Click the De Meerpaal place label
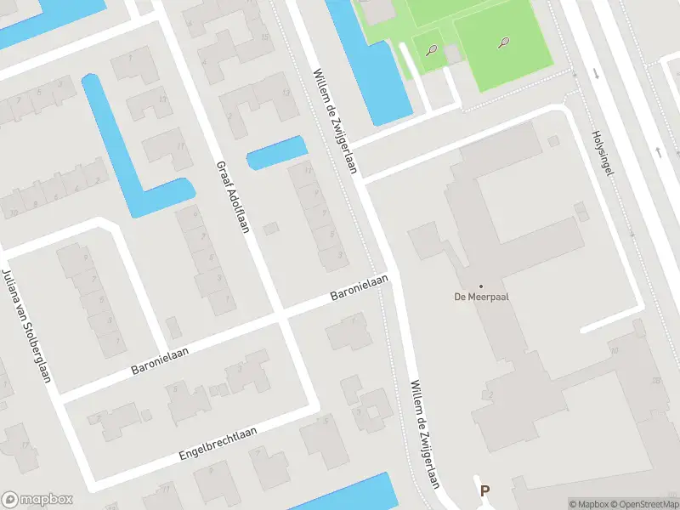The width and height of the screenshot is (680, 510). [481, 297]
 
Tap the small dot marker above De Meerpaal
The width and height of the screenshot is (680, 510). [481, 286]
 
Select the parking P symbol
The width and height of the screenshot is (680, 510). [484, 490]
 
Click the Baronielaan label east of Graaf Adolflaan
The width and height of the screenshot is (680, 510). [359, 289]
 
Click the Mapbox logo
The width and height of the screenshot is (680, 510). [37, 500]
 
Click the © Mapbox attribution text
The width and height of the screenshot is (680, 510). [586, 504]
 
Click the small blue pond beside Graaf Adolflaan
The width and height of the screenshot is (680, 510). [277, 152]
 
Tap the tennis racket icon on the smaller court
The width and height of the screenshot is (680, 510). [431, 49]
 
